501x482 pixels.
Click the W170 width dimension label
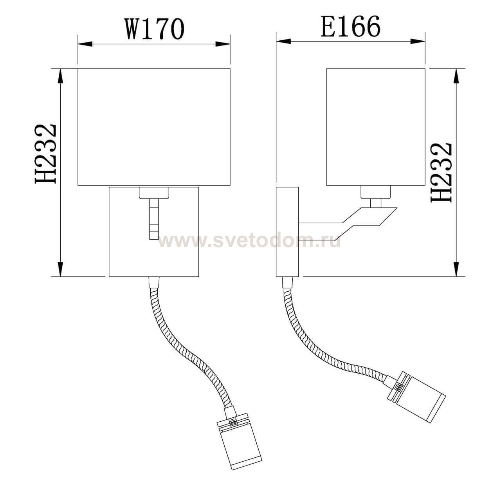pos(154,29)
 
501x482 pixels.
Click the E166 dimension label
pos(350,27)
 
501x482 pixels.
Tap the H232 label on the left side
pos(47,154)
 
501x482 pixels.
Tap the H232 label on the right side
pos(442,172)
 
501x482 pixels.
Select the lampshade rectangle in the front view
pos(154,127)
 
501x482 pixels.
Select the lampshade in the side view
pos(375,127)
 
